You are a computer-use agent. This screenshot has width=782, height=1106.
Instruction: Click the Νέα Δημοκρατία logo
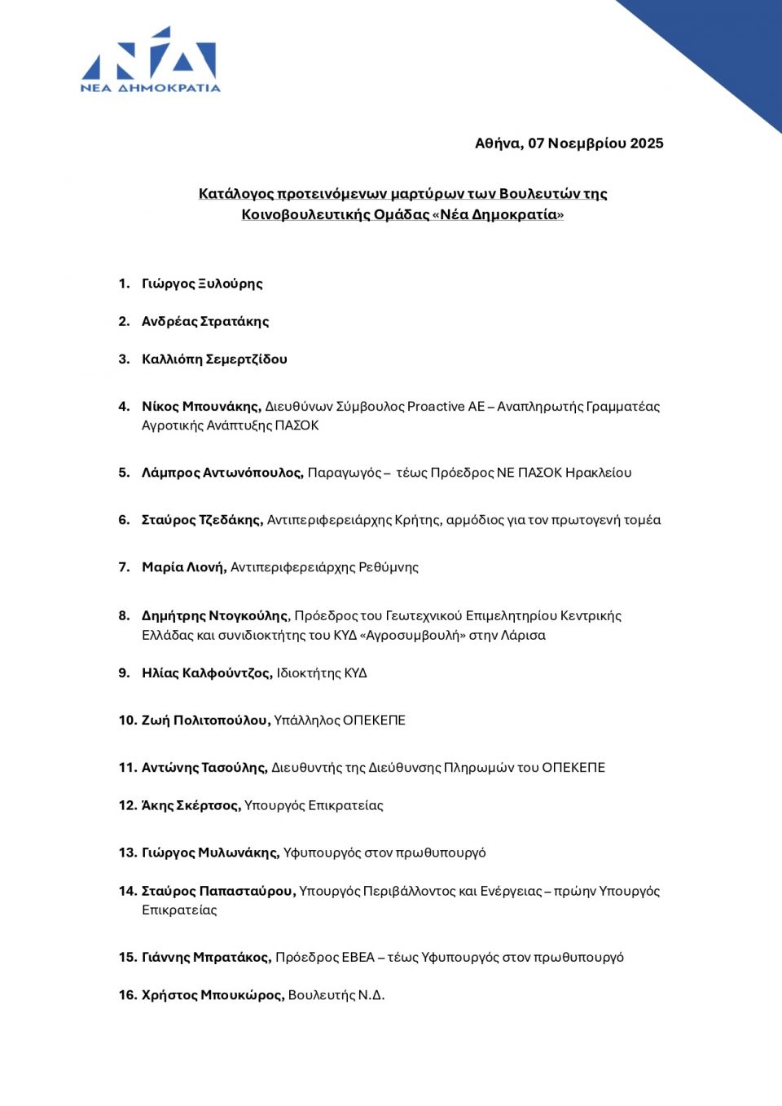(x=151, y=60)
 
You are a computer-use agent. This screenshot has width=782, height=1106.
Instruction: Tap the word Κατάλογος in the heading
(x=236, y=194)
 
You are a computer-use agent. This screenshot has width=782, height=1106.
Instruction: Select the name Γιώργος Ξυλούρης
(x=202, y=284)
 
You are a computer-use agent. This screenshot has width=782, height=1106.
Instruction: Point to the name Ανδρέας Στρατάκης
(x=205, y=321)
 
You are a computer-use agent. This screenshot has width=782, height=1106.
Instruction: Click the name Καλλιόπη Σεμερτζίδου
(x=214, y=359)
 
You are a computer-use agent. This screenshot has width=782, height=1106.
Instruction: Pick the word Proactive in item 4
(x=436, y=406)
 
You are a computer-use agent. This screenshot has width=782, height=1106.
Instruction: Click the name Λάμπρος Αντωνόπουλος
(x=222, y=473)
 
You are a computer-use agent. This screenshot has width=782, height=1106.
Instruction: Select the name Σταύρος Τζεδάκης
(x=202, y=520)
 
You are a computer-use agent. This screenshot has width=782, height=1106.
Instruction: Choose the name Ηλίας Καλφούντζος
(x=207, y=673)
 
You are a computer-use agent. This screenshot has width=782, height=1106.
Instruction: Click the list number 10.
(x=127, y=720)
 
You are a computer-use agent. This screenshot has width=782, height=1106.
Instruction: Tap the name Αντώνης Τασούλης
(x=204, y=768)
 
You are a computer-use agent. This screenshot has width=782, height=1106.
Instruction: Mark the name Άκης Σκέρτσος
(x=191, y=805)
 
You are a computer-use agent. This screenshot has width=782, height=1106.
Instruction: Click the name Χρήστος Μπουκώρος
(x=213, y=995)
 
